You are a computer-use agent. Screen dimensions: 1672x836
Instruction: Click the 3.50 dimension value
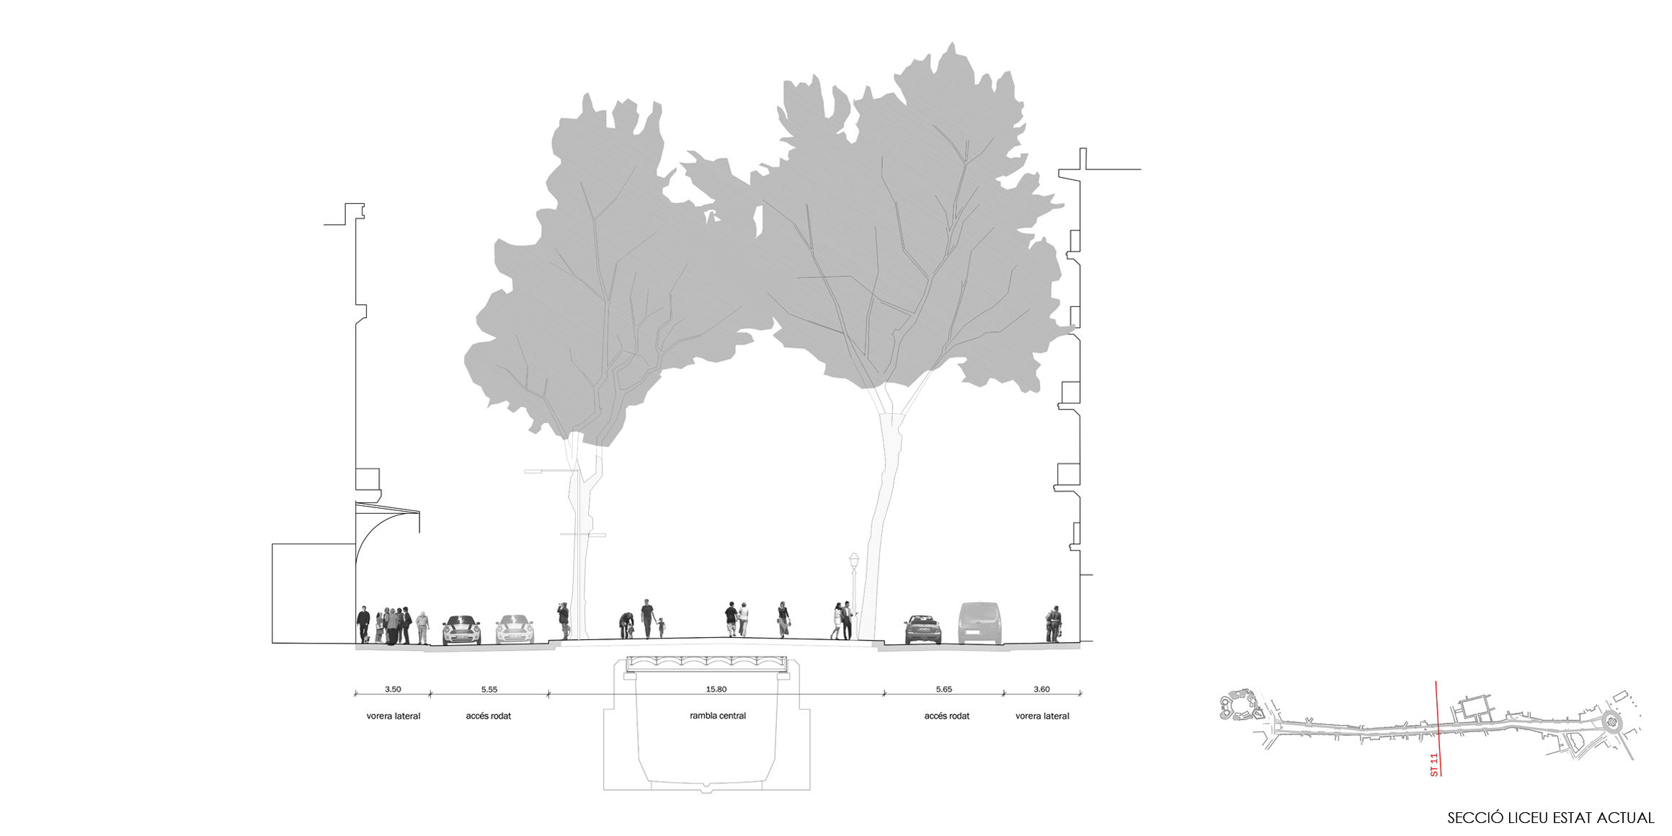[393, 689]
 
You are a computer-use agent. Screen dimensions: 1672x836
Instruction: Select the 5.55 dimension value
[489, 689]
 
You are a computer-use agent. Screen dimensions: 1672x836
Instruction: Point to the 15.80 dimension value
[716, 689]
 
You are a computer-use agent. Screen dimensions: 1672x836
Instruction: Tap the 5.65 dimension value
[944, 689]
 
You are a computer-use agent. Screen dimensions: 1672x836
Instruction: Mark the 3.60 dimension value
[1042, 689]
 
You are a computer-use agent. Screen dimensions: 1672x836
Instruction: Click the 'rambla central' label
[718, 716]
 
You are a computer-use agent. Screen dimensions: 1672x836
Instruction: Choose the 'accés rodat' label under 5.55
[489, 716]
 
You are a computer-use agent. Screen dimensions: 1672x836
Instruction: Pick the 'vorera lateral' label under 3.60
[1043, 716]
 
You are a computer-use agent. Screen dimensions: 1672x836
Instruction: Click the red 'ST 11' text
[1434, 765]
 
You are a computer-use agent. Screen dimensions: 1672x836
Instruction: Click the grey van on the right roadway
[980, 623]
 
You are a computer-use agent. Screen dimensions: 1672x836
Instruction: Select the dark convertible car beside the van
[923, 629]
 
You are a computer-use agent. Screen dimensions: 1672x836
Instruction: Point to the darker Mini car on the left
[461, 630]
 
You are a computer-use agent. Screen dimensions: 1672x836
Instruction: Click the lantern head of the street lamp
[854, 560]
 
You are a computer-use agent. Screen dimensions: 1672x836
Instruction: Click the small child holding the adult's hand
[661, 626]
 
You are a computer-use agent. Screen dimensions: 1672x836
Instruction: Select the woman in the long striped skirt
[783, 620]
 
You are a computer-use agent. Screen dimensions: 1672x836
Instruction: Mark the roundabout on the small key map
[1612, 721]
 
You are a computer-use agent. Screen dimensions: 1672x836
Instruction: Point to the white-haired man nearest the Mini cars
[422, 628]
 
